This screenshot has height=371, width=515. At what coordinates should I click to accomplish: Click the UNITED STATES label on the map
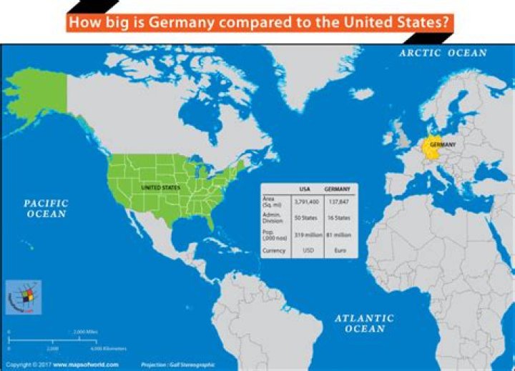click(160, 187)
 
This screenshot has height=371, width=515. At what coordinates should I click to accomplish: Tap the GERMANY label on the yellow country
click(443, 144)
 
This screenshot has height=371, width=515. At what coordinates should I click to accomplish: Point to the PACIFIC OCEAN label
click(46, 209)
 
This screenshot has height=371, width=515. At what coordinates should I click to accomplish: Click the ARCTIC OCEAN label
click(443, 53)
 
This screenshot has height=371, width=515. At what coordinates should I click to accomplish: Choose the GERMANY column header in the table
click(337, 189)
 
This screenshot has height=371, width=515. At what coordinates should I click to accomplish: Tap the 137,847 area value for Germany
click(337, 202)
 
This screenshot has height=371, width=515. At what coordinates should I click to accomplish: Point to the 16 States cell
click(337, 217)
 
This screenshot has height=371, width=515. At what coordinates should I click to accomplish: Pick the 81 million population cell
click(337, 234)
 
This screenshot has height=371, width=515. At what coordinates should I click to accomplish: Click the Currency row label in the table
click(274, 251)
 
